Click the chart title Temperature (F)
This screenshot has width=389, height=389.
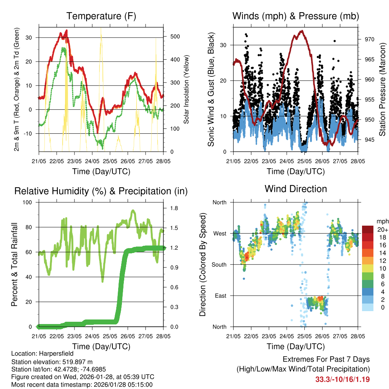tap(101, 16)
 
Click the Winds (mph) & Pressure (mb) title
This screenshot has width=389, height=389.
tap(296, 16)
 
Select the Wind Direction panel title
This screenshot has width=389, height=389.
tap(296, 189)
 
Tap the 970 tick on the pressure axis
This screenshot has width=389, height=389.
tap(370, 39)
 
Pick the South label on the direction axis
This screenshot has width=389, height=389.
tap(219, 264)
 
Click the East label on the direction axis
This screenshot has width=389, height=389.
tap(221, 296)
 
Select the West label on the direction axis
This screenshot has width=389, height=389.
tap(220, 233)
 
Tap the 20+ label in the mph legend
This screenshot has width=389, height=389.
tap(382, 230)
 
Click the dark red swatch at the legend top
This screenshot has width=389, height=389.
tap(368, 229)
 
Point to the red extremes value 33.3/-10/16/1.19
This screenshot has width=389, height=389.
tap(342, 379)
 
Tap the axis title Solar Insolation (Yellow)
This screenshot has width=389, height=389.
tap(186, 90)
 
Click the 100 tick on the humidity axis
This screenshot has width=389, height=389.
tap(28, 202)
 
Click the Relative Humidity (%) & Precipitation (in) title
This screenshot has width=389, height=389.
tap(101, 191)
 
